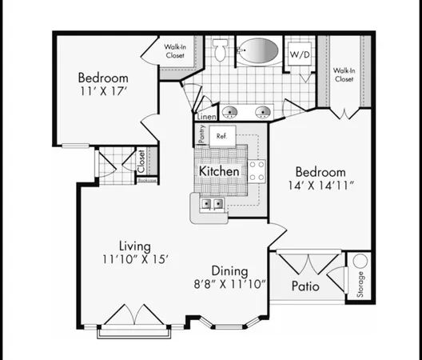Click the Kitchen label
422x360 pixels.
coord(218,171)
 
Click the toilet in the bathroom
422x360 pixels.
coord(221,54)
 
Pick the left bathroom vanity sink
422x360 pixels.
coord(229,111)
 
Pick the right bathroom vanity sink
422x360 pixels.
coord(261,111)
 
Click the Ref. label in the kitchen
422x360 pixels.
coord(221,137)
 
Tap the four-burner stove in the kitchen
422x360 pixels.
coord(257,170)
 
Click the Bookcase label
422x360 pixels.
coord(145,181)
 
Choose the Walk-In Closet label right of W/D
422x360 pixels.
coord(344,75)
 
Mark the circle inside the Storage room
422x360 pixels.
coord(360,261)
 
